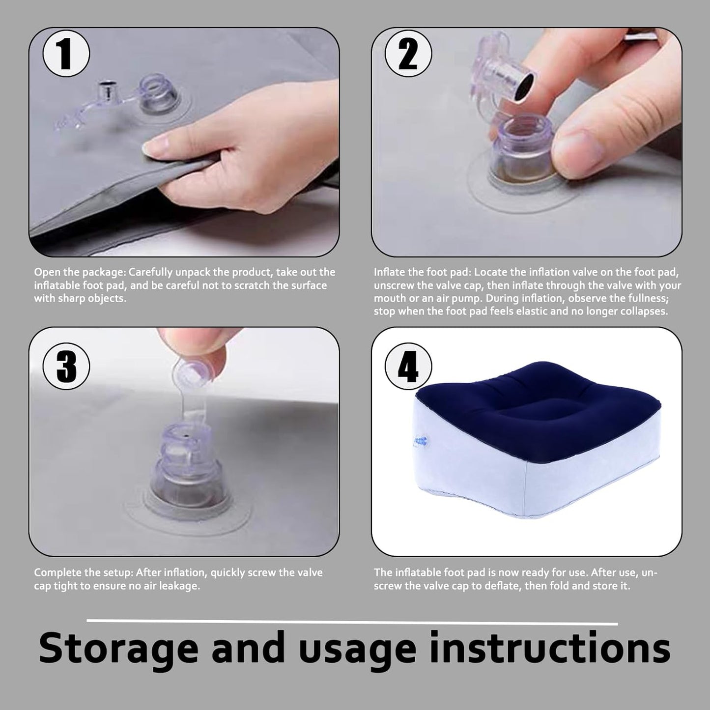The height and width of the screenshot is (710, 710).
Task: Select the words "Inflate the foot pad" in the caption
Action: pos(422,272)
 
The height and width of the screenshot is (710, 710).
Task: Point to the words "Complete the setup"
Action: pos(83,572)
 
